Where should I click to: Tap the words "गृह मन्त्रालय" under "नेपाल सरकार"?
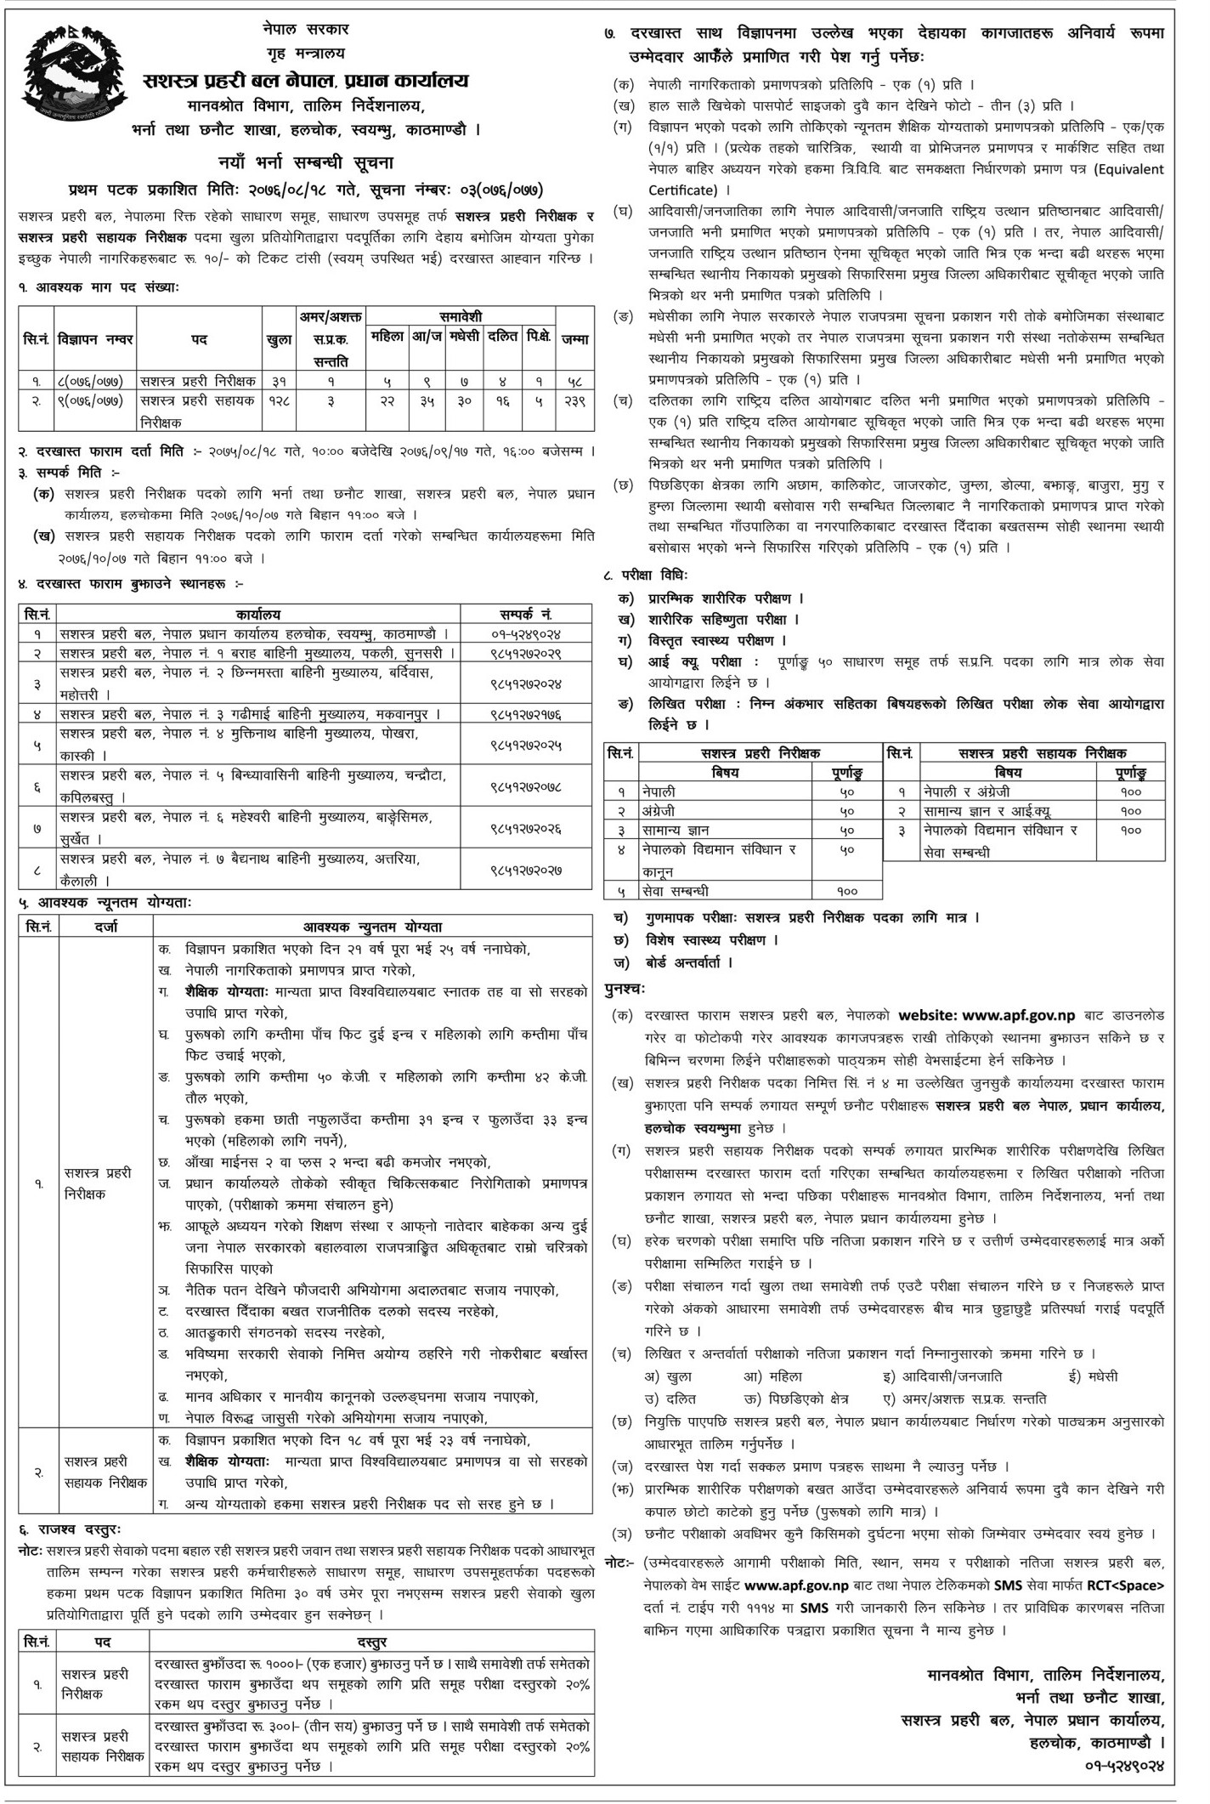click(304, 54)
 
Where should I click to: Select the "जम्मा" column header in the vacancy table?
click(574, 339)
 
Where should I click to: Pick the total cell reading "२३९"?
click(574, 400)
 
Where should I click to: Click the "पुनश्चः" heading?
click(626, 989)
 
